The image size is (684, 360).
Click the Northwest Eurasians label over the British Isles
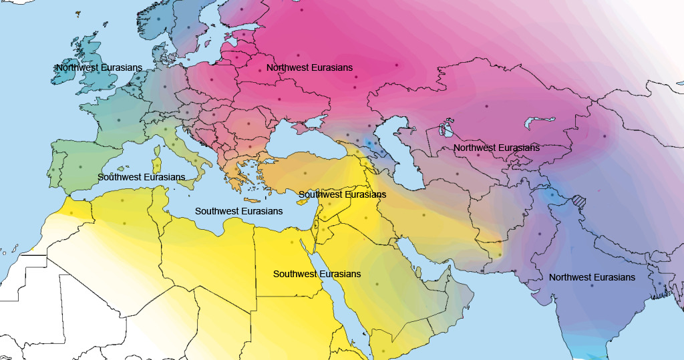[99, 67]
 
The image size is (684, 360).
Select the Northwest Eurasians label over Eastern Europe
[309, 68]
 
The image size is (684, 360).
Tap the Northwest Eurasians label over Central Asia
[496, 148]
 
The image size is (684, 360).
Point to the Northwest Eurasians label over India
[592, 277]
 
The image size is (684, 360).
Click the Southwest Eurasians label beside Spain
[141, 177]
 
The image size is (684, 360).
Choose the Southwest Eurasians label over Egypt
[317, 275]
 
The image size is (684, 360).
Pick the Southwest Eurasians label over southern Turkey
[342, 194]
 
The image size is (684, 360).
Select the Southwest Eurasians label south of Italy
[238, 211]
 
